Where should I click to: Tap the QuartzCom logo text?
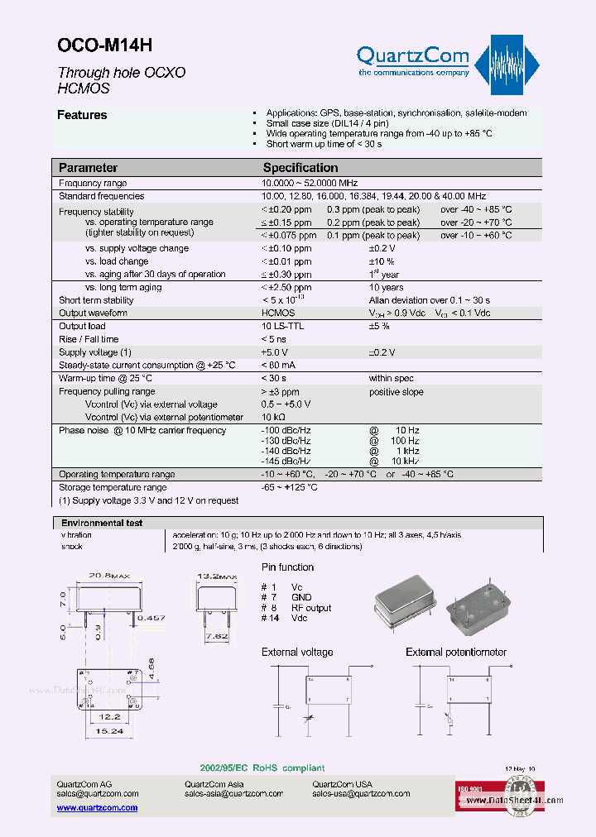[x=412, y=57]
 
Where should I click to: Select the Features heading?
[x=82, y=116]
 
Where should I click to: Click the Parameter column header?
[x=88, y=168]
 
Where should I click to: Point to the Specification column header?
[x=300, y=168]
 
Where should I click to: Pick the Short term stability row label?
[x=96, y=301]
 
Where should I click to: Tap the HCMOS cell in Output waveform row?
[x=278, y=313]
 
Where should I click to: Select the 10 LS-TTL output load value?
[x=283, y=327]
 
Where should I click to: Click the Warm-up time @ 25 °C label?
[x=105, y=378]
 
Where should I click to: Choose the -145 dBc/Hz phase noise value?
[x=286, y=461]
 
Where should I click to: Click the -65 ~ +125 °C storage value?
[x=290, y=488]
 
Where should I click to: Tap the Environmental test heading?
[x=102, y=524]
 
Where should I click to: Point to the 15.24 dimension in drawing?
[x=109, y=731]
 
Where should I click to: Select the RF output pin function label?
[x=310, y=608]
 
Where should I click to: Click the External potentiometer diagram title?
[x=456, y=653]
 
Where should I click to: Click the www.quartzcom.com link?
[x=97, y=807]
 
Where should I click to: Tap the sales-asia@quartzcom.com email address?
[x=234, y=794]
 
